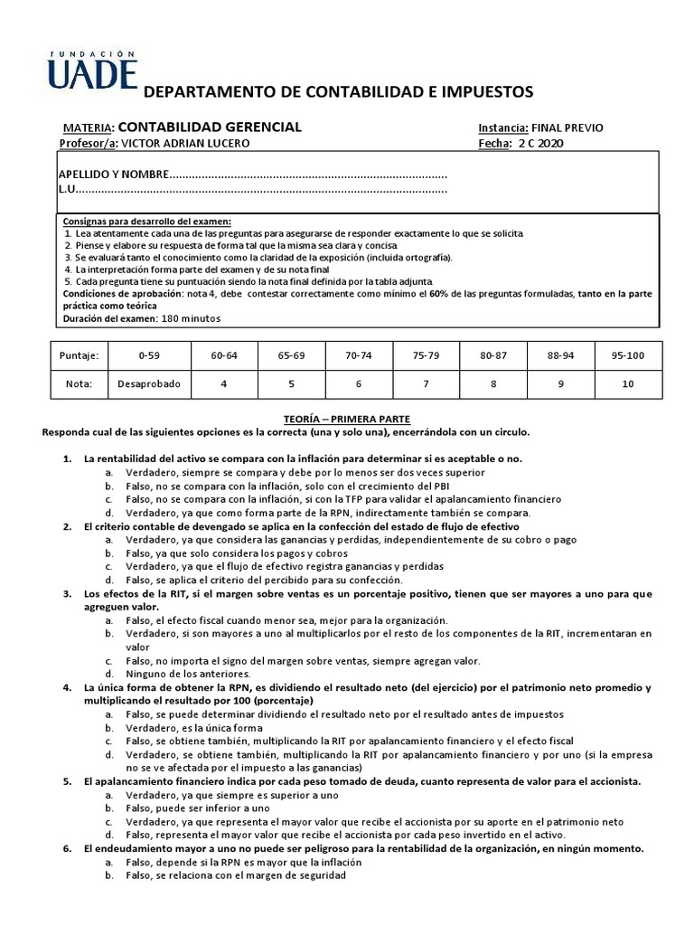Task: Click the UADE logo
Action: (x=93, y=69)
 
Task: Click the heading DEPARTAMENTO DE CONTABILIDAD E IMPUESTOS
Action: (x=339, y=91)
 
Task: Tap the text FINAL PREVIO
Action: (x=568, y=128)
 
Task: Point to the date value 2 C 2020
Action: (x=537, y=143)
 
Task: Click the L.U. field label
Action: (x=67, y=189)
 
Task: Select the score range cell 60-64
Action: (x=224, y=355)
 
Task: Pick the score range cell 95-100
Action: (x=627, y=355)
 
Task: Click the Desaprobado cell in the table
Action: (x=148, y=383)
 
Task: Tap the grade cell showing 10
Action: (x=627, y=383)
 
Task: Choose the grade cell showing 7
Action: (x=425, y=383)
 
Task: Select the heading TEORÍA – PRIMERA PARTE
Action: (x=347, y=420)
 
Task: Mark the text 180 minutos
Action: (x=190, y=318)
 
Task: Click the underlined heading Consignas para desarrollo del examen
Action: (x=146, y=222)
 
